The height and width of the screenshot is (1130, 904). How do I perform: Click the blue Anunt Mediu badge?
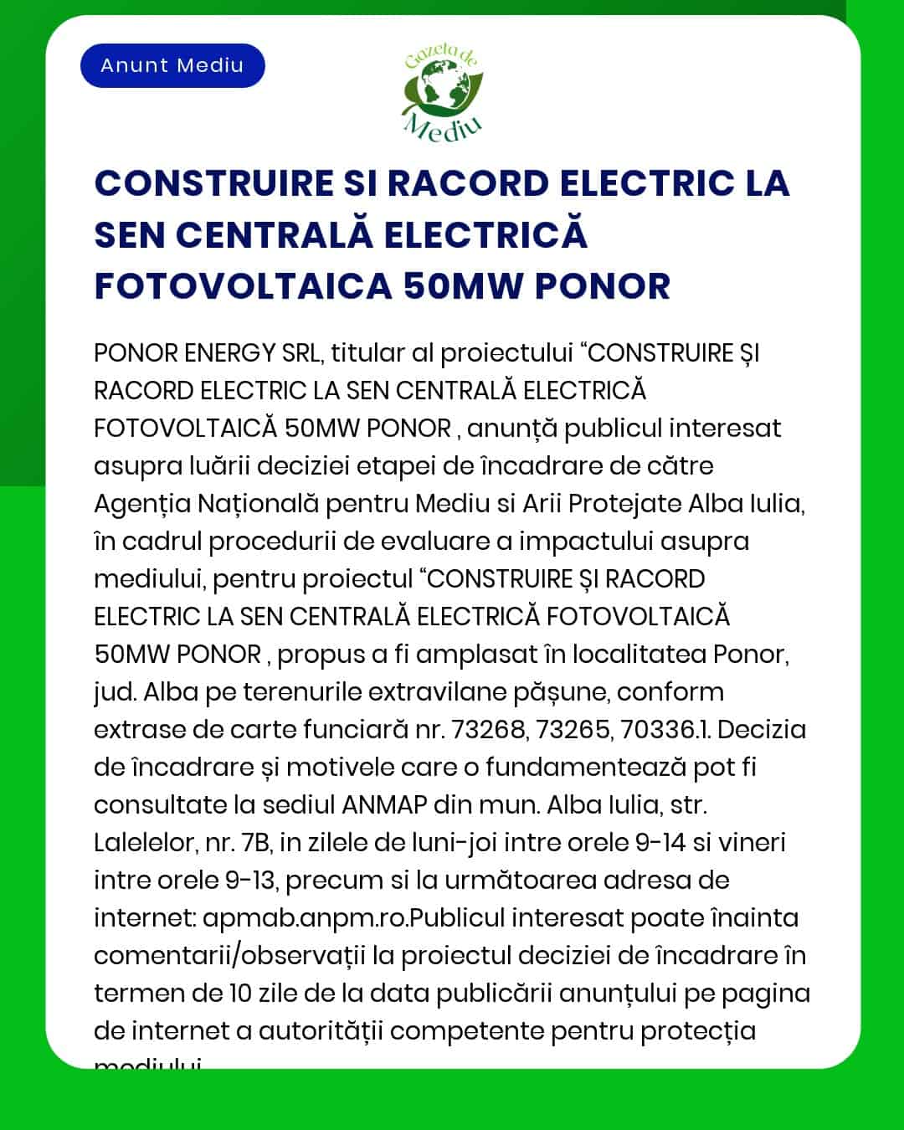coord(172,65)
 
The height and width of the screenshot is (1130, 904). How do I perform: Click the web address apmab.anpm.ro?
coord(306,917)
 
